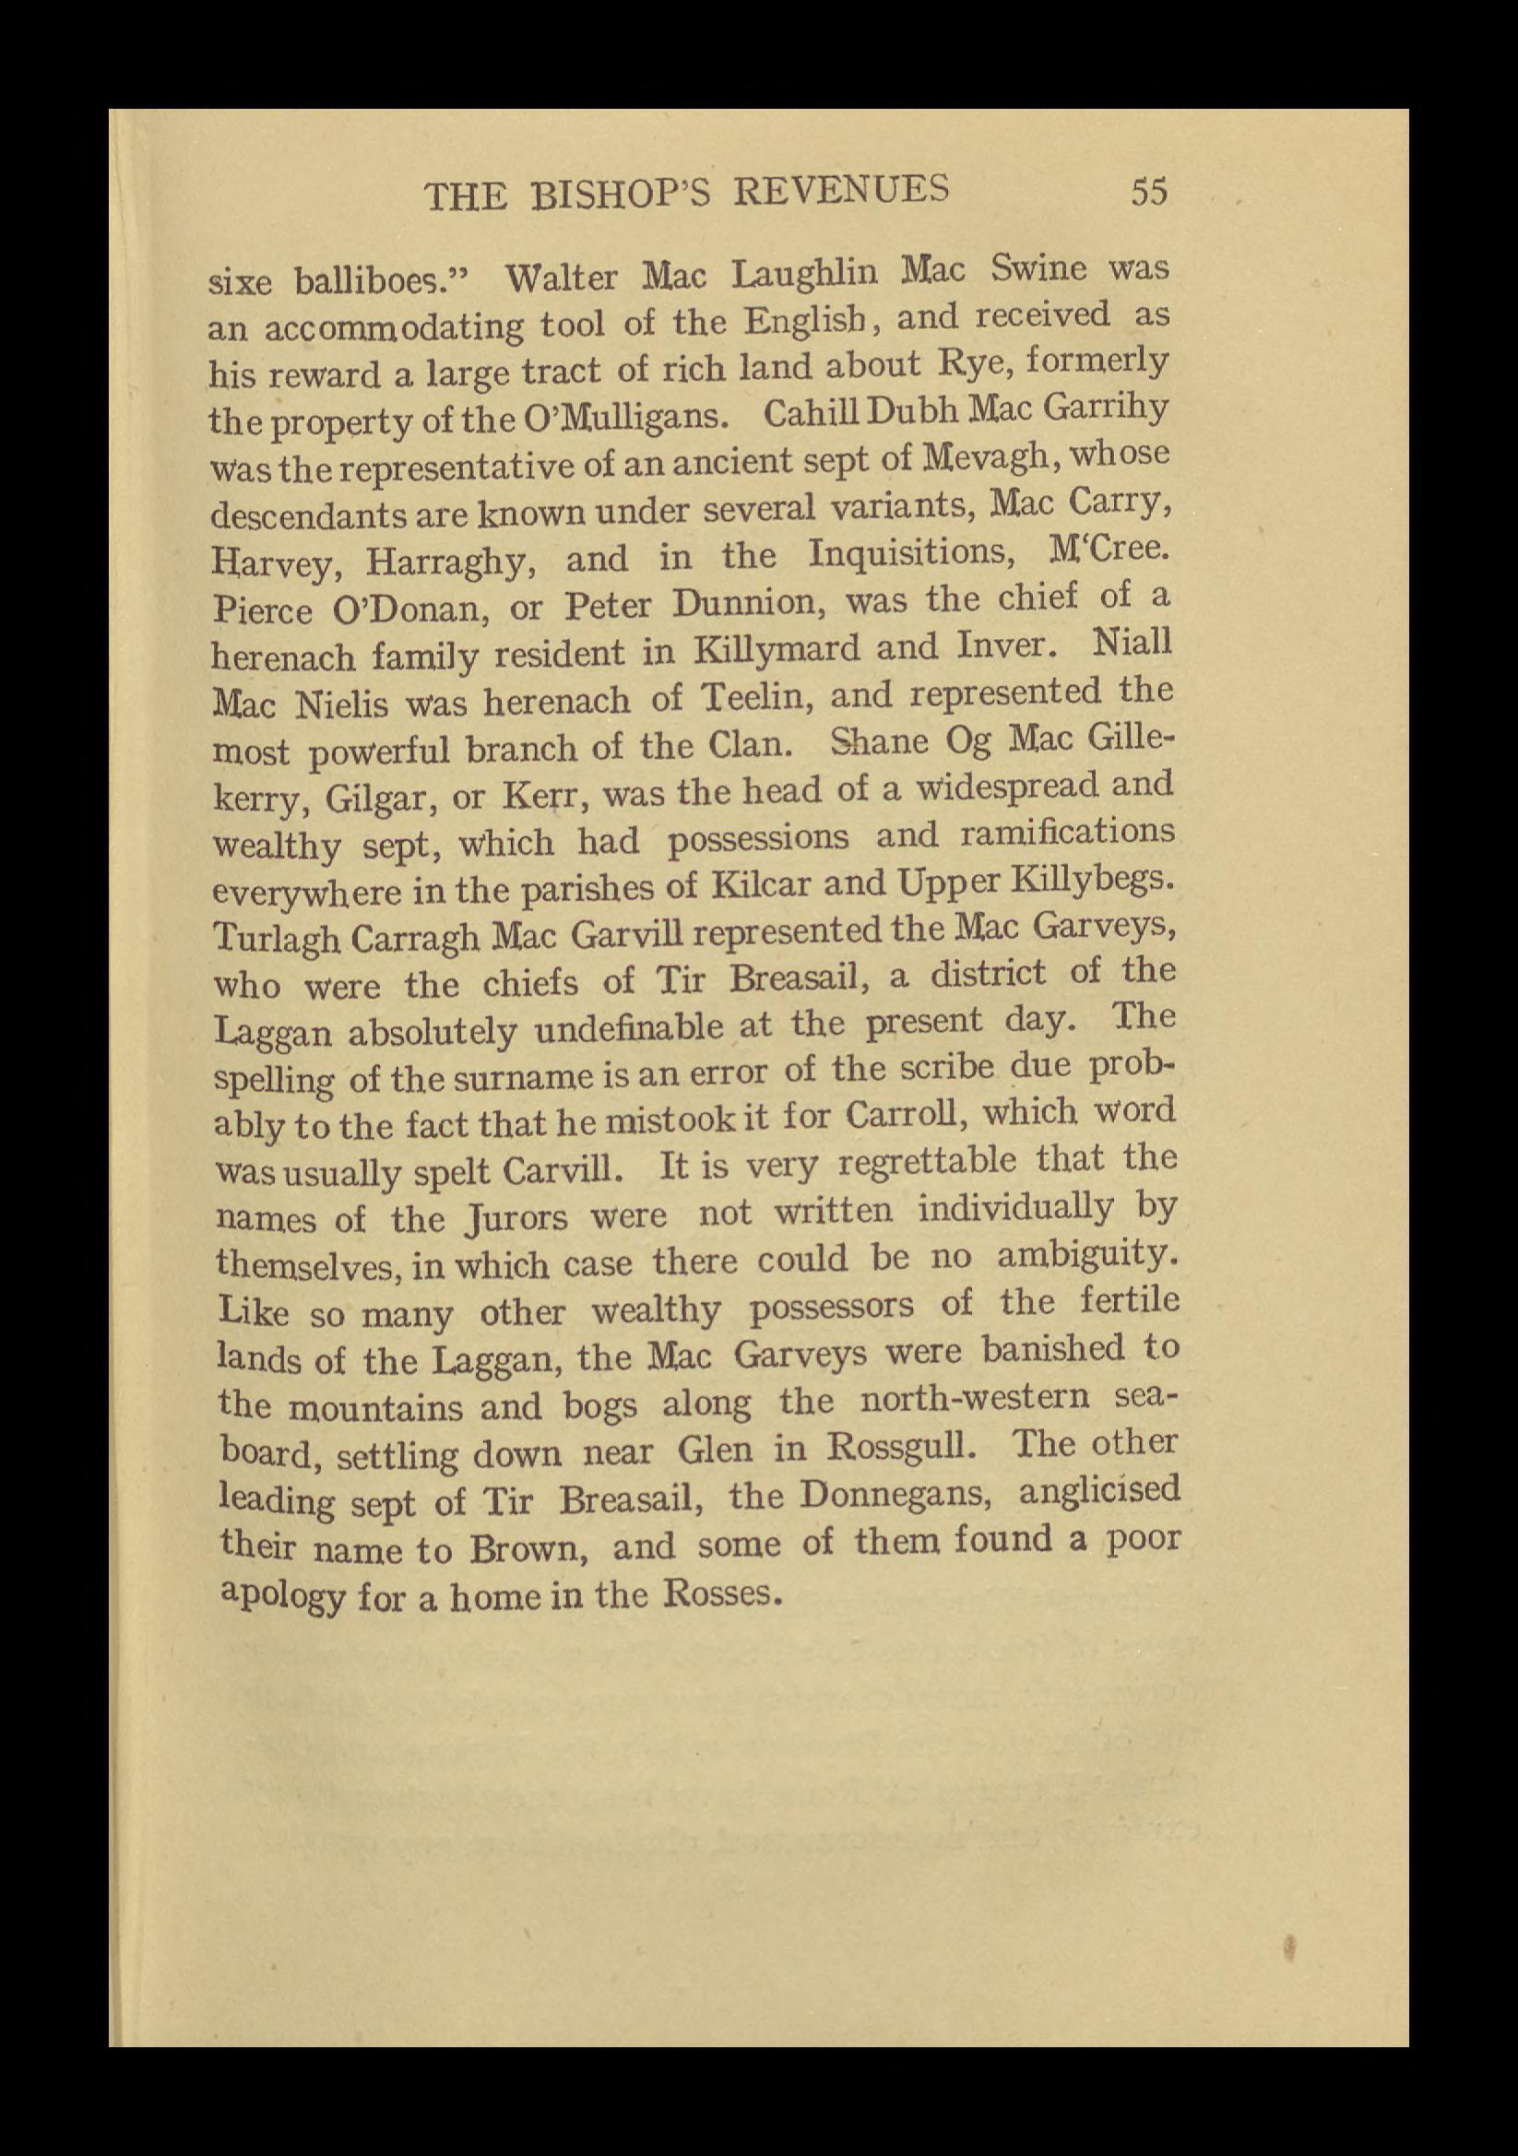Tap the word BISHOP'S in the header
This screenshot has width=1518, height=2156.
tap(624, 195)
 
